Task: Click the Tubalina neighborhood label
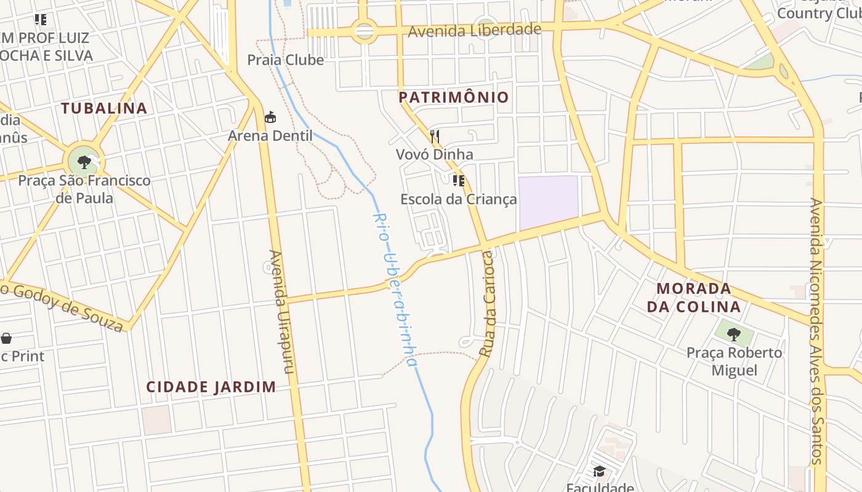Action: (x=104, y=108)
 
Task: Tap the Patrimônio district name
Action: (x=454, y=97)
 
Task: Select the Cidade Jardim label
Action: (x=211, y=387)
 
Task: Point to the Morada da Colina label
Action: (x=694, y=298)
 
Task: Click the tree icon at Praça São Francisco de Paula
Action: (x=84, y=162)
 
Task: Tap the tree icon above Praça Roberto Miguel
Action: (x=733, y=335)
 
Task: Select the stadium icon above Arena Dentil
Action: (x=270, y=117)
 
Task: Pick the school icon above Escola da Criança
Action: (x=458, y=180)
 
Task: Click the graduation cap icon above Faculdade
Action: (x=599, y=471)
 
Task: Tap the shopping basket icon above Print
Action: (x=6, y=338)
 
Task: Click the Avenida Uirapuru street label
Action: (x=283, y=312)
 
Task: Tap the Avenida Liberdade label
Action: (x=474, y=30)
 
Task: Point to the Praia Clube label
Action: (x=286, y=60)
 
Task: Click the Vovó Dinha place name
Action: (x=435, y=154)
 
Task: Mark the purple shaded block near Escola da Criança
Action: (x=548, y=203)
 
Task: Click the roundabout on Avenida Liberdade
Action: (x=364, y=31)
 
